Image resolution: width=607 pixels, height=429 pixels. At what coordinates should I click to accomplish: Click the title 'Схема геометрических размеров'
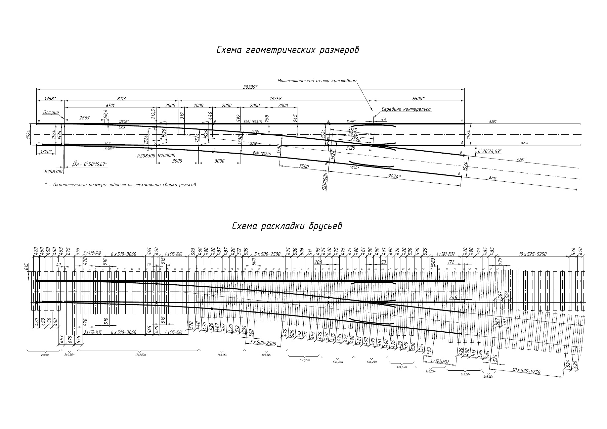[x=287, y=50]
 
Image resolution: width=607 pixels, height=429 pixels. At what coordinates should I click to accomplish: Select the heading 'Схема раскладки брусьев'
[x=287, y=226]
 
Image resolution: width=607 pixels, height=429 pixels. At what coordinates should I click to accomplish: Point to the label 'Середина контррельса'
[x=406, y=109]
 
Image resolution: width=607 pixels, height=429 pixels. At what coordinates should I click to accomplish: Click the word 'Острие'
[x=51, y=113]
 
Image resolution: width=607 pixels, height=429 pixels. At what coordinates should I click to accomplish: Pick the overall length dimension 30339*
[x=250, y=87]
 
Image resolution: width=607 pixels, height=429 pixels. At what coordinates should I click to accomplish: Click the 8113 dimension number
[x=121, y=98]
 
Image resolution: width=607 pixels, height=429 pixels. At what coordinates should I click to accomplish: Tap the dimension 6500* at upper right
[x=418, y=98]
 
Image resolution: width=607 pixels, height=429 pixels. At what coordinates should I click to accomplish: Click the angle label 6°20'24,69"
[x=490, y=151]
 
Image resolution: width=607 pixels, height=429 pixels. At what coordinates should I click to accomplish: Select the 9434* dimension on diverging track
[x=394, y=176]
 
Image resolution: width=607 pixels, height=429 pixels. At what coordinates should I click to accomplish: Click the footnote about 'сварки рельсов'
[x=121, y=184]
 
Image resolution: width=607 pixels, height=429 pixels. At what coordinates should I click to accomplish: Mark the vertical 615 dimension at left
[x=27, y=267]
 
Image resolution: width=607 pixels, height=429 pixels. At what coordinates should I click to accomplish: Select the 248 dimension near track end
[x=454, y=298]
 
